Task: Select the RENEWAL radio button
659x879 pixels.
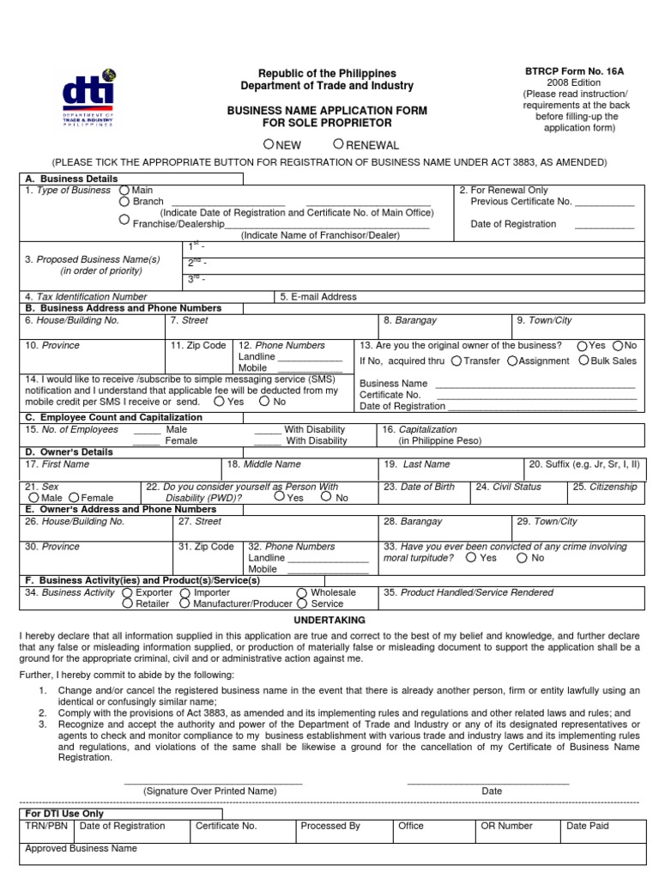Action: tap(340, 144)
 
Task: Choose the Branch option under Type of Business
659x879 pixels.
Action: tap(124, 202)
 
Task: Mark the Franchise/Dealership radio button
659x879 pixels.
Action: tap(124, 220)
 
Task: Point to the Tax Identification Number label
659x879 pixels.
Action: tap(86, 297)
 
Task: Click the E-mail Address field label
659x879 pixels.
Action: tap(317, 297)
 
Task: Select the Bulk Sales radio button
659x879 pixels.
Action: tap(584, 361)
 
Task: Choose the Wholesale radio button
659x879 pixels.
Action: tap(302, 592)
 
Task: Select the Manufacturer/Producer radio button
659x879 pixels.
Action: tap(184, 603)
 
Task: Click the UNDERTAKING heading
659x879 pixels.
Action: tap(329, 620)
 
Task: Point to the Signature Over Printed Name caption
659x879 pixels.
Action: tap(210, 791)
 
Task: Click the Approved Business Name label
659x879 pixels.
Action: tap(81, 848)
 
